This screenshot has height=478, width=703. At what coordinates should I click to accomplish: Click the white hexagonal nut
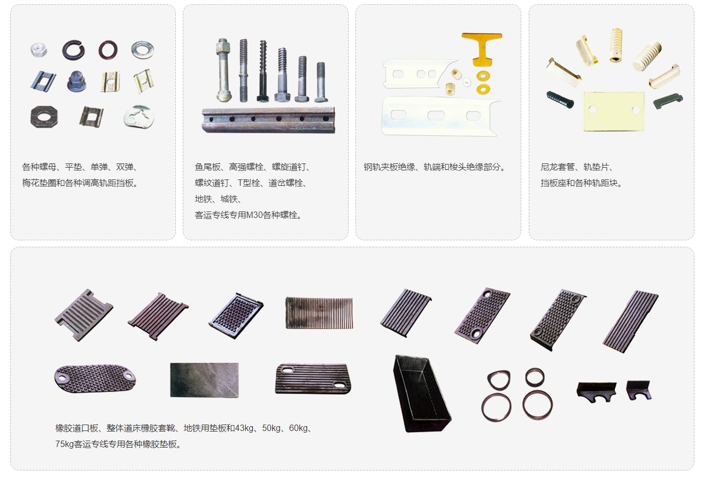(x=39, y=50)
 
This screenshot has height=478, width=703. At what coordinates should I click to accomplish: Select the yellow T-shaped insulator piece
(x=481, y=47)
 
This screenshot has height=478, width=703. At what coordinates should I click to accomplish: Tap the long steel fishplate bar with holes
(x=268, y=120)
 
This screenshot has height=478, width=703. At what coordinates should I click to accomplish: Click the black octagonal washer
(x=44, y=116)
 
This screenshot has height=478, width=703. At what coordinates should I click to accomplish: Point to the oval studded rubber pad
(x=95, y=378)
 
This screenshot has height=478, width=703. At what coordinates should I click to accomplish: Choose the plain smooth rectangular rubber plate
(x=204, y=380)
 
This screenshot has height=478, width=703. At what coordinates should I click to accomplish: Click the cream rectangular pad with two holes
(x=614, y=111)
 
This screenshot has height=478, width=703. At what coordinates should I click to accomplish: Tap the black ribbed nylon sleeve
(x=560, y=99)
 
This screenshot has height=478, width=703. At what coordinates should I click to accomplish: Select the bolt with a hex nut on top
(x=224, y=69)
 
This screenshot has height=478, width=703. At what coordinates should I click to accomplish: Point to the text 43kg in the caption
(x=244, y=428)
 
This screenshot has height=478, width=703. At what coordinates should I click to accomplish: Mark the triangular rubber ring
(x=499, y=380)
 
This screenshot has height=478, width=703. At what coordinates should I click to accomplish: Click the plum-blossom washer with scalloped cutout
(x=139, y=116)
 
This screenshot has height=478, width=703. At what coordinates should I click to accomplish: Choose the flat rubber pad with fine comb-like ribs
(x=319, y=313)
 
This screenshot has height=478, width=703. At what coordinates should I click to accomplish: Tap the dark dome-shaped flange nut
(x=76, y=81)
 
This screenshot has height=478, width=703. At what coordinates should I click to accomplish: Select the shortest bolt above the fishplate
(x=321, y=82)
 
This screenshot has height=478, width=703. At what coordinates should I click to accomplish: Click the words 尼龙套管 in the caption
(x=558, y=167)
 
